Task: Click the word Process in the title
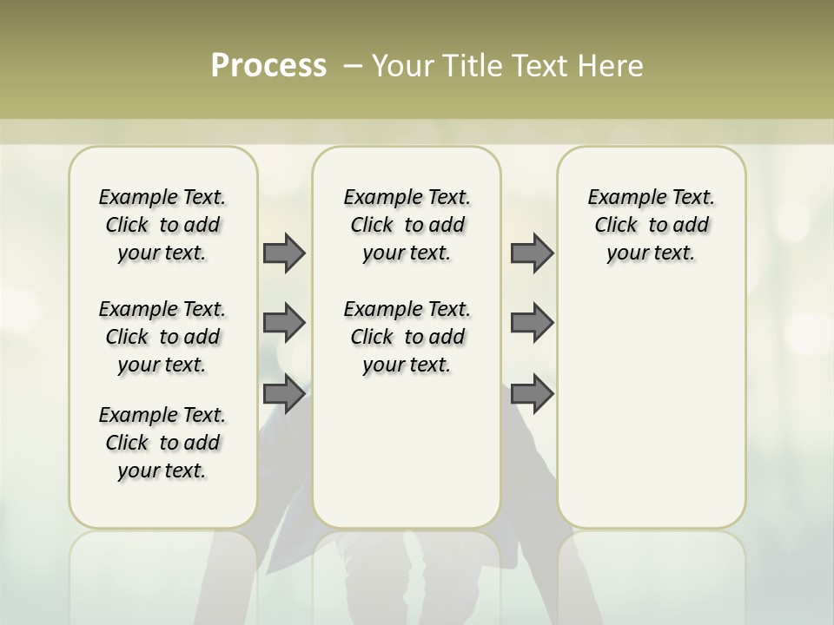(268, 66)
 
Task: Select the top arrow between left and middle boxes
(284, 253)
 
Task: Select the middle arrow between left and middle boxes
(284, 323)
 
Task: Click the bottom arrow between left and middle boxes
(284, 393)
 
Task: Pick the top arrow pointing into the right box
(532, 253)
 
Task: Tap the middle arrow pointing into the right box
(532, 323)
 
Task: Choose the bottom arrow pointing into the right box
(532, 393)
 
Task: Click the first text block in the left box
(162, 225)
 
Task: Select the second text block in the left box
(162, 337)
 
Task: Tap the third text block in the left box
(162, 443)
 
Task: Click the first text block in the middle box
(407, 225)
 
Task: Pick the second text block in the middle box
(407, 337)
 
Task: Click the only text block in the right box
(652, 225)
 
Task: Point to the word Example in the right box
(619, 198)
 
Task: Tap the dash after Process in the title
(352, 66)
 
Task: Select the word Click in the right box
(616, 226)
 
